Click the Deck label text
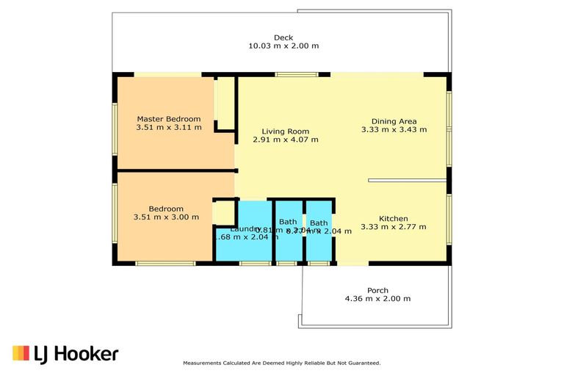(283, 37)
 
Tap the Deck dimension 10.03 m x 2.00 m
(283, 46)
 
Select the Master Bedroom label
(168, 119)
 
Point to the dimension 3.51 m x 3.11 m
(168, 128)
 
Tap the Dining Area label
(394, 121)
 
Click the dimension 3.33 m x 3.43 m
(394, 130)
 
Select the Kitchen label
(393, 219)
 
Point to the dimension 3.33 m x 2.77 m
(393, 228)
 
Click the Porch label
(377, 290)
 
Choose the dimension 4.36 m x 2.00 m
(377, 299)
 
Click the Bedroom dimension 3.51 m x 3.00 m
(166, 217)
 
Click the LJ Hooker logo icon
(21, 353)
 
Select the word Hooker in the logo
(84, 354)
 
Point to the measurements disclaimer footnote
(281, 363)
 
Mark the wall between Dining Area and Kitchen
(408, 180)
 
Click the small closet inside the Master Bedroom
(225, 103)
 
